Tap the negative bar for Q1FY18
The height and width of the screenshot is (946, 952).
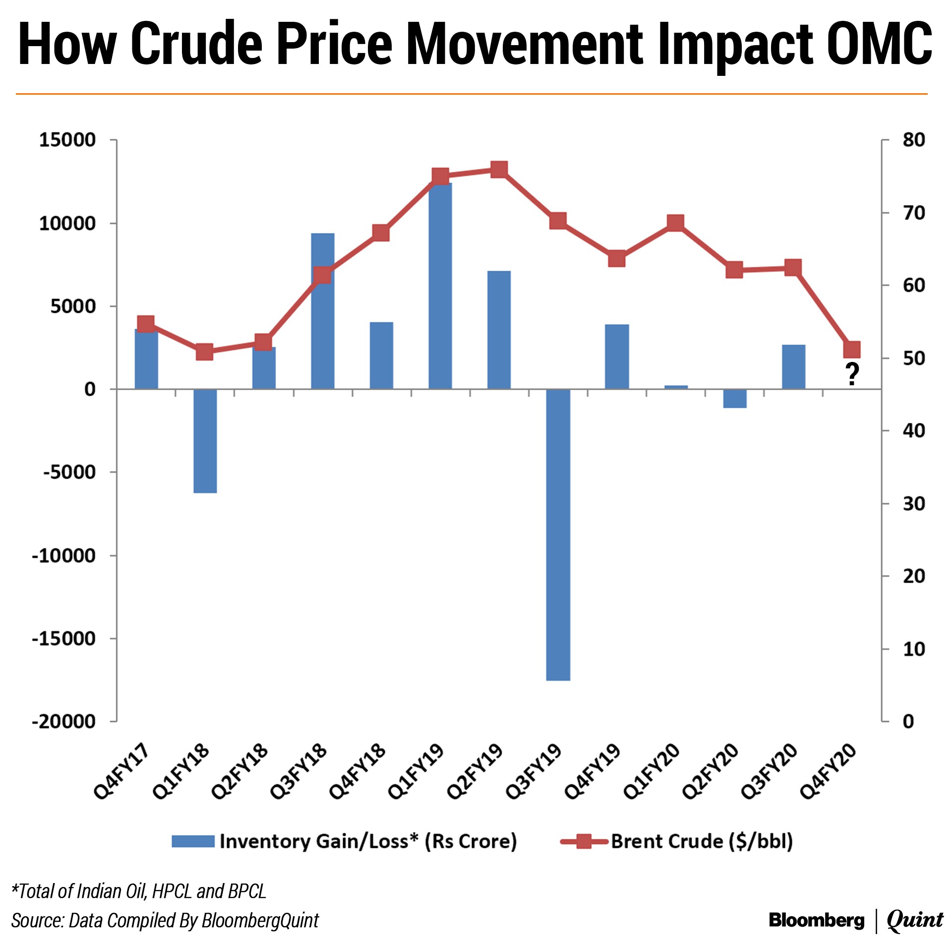coord(205,441)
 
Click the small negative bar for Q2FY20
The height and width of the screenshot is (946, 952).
coord(734,399)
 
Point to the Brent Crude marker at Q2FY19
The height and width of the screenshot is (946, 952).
coord(499,170)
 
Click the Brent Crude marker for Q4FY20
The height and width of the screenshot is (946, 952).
coord(852,350)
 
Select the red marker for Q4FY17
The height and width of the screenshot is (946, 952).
coord(146,324)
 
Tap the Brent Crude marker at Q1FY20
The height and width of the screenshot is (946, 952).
coord(675,223)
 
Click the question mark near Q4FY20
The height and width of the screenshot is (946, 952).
coord(852,374)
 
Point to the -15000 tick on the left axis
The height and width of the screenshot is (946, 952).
coord(63,639)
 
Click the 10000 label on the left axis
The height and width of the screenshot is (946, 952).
coord(67,224)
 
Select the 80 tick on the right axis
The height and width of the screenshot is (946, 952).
coord(913,140)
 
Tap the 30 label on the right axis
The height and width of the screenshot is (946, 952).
coord(913,504)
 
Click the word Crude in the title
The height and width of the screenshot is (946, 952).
coord(196,44)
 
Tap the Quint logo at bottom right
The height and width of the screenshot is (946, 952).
coord(915,920)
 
